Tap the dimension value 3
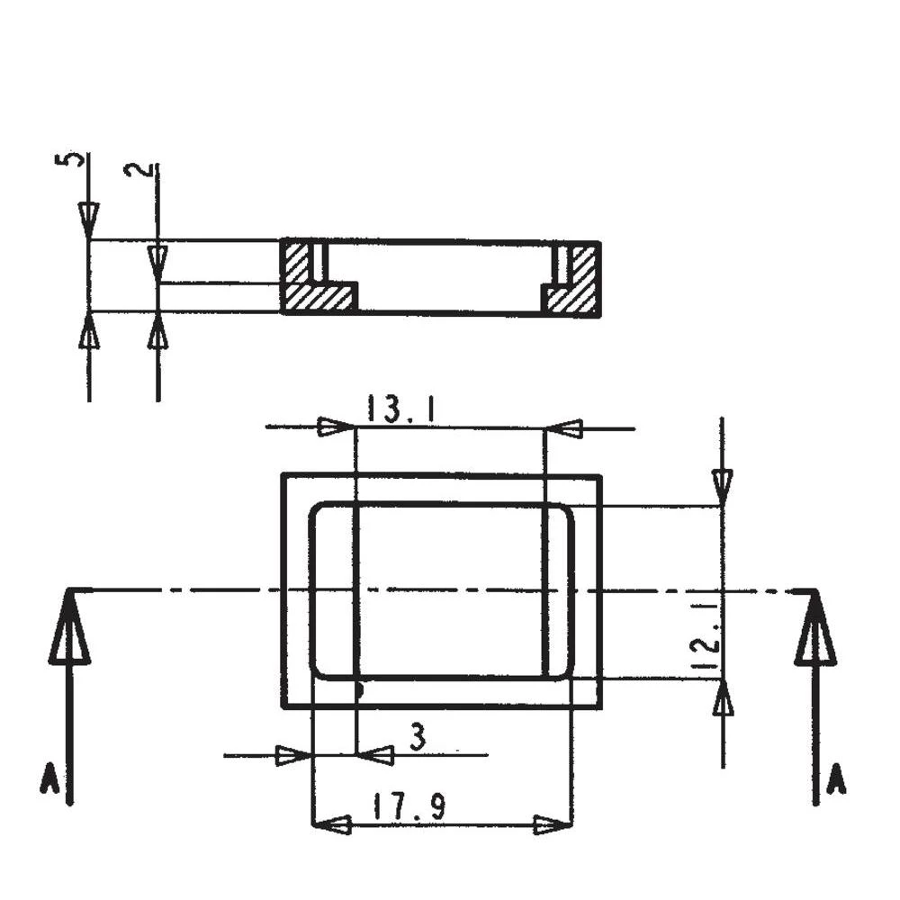(x=418, y=737)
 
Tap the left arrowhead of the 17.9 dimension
(x=335, y=823)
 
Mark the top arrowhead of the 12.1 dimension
(x=722, y=486)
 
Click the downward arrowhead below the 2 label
(x=157, y=261)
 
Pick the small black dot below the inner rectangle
(x=358, y=690)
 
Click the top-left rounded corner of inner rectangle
(x=319, y=512)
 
